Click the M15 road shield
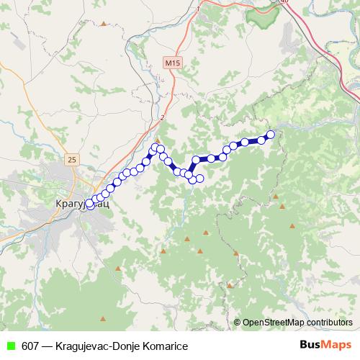click(171, 63)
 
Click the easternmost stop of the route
click(271, 134)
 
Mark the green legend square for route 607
click(10, 346)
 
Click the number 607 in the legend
click(31, 346)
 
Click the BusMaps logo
click(325, 346)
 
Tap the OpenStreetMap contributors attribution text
click(297, 323)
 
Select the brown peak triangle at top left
click(104, 24)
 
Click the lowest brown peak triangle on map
click(104, 318)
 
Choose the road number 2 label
click(163, 117)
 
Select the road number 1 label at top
click(197, 9)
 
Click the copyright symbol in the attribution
click(238, 323)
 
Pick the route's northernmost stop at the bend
click(153, 147)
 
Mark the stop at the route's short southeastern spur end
click(200, 179)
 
